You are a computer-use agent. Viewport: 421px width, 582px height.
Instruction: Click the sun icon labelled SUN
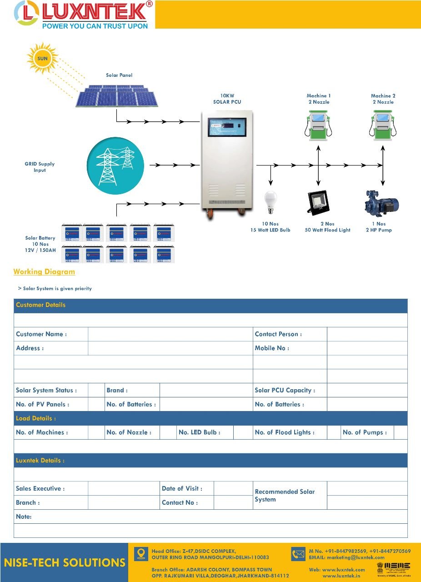pos(42,58)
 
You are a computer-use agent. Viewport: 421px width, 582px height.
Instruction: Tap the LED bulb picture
pos(271,203)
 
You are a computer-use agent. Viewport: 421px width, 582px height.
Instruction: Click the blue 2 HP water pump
pos(381,204)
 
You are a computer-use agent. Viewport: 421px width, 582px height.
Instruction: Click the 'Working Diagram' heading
pos(44,272)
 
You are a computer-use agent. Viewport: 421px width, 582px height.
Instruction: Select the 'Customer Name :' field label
pos(41,334)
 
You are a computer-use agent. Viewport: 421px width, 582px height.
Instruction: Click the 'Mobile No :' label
pos(272,348)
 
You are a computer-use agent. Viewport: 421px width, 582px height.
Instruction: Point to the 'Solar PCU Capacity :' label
pos(285,391)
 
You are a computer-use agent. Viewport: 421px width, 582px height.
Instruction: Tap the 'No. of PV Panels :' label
pos(43,405)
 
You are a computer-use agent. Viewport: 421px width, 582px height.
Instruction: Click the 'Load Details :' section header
pos(36,418)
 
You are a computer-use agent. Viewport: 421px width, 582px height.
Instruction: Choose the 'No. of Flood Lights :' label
pos(285,432)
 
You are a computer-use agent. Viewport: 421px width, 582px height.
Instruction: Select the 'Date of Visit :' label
pos(182,489)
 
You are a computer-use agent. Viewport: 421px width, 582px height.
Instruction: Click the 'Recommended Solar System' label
pos(285,496)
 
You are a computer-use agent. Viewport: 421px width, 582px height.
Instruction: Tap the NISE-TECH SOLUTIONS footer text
pos(65,563)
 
